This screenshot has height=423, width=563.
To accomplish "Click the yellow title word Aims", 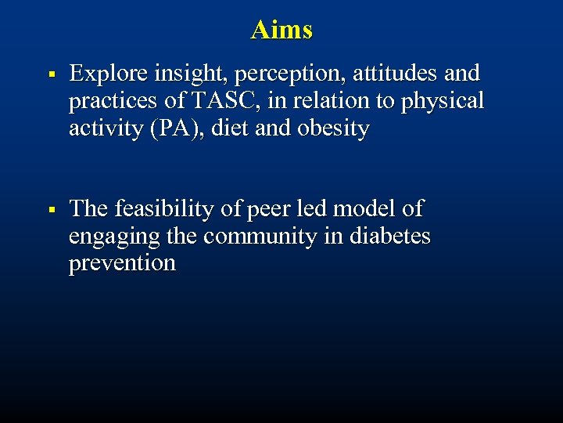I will click(281, 30).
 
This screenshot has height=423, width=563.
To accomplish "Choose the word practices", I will click(115, 102).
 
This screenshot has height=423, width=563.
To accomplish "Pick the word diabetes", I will click(388, 236).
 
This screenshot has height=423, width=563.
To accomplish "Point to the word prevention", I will click(122, 263).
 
